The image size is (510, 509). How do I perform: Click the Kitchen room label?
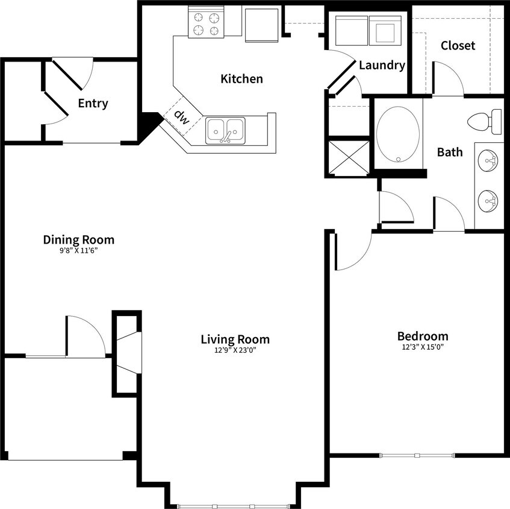[x=241, y=79]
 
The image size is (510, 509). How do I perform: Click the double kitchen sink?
[x=226, y=131]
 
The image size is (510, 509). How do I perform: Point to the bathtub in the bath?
[x=398, y=134]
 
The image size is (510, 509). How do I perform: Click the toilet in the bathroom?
[x=485, y=122]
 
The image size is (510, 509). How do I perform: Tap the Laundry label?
[x=382, y=66]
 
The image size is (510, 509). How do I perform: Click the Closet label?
[x=458, y=46]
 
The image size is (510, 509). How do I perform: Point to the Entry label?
[x=93, y=104]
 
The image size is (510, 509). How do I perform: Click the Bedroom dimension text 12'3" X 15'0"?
[x=423, y=347]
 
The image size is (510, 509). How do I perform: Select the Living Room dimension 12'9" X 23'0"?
[x=235, y=350]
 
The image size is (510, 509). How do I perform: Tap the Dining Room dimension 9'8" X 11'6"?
[x=78, y=250]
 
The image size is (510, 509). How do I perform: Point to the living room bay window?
[x=232, y=505]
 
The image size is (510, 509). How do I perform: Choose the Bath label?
[x=450, y=152]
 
